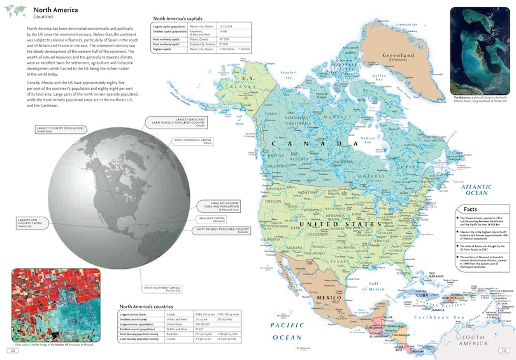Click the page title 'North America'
(56, 10)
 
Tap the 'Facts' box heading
(471, 210)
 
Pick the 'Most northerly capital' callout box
(190, 141)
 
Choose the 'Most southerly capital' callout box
(162, 289)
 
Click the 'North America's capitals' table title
(176, 18)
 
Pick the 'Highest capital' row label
(163, 48)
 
